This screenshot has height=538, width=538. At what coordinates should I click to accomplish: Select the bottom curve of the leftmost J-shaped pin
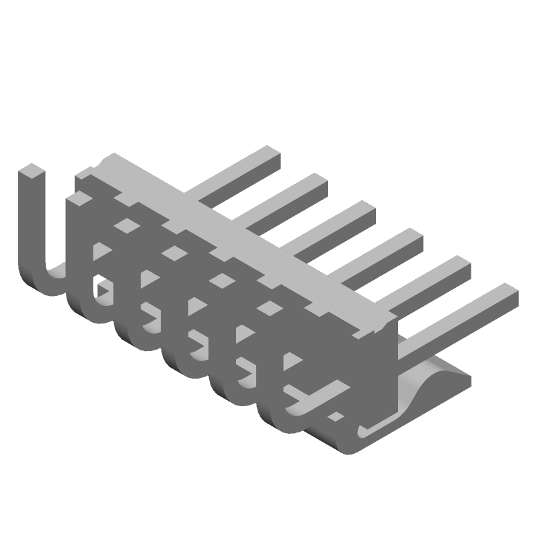click(x=47, y=282)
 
